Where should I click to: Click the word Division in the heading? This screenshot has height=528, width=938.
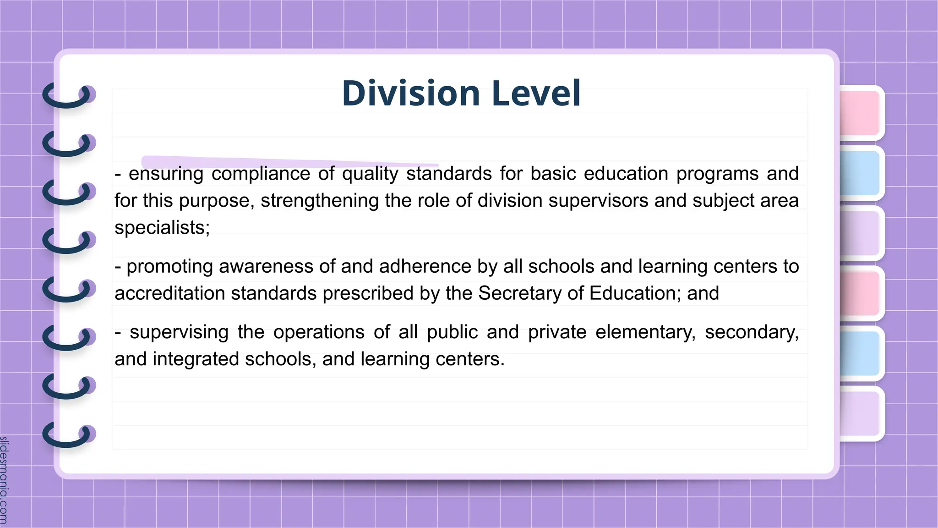pos(410,93)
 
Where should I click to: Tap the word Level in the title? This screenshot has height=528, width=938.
pos(536,93)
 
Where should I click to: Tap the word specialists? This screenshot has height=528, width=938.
pos(162,228)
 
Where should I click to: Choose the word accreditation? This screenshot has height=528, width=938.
pos(169,293)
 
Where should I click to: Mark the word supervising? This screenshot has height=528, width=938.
pos(179,332)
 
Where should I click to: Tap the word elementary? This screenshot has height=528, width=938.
pos(645,332)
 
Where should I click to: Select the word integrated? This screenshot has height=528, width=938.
pos(196,359)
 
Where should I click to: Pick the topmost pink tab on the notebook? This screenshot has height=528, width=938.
pos(860,113)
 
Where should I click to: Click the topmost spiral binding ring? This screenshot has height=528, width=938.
pos(69,95)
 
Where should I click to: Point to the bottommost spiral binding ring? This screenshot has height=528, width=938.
pos(69,434)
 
